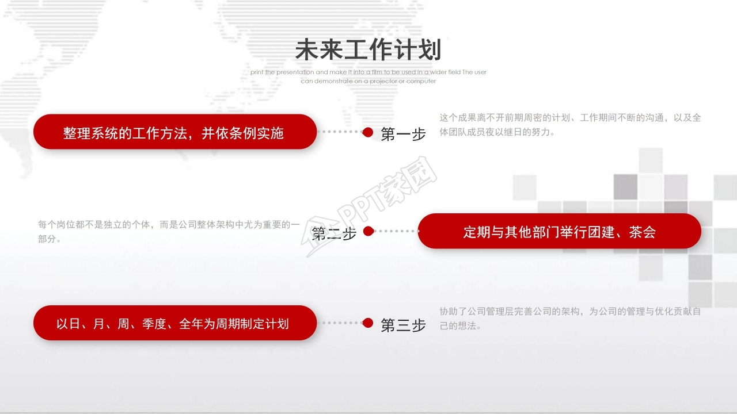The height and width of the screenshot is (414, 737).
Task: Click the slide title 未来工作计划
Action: [368, 50]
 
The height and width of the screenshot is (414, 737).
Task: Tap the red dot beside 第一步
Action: [368, 132]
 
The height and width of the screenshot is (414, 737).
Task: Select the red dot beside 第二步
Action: [369, 231]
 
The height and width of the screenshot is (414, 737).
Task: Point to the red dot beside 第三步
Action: [368, 323]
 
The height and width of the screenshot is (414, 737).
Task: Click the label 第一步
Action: [403, 135]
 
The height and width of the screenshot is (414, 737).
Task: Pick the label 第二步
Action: [334, 233]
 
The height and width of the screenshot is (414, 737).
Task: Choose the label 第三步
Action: [403, 325]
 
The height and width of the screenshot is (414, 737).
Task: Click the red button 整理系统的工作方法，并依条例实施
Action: [175, 132]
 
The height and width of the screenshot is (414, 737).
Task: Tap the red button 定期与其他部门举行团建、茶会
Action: [559, 231]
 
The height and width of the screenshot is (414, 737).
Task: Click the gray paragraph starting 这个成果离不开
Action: [570, 125]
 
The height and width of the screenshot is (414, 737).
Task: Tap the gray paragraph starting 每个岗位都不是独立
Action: [169, 231]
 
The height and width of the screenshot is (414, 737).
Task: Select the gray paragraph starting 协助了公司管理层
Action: [570, 319]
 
